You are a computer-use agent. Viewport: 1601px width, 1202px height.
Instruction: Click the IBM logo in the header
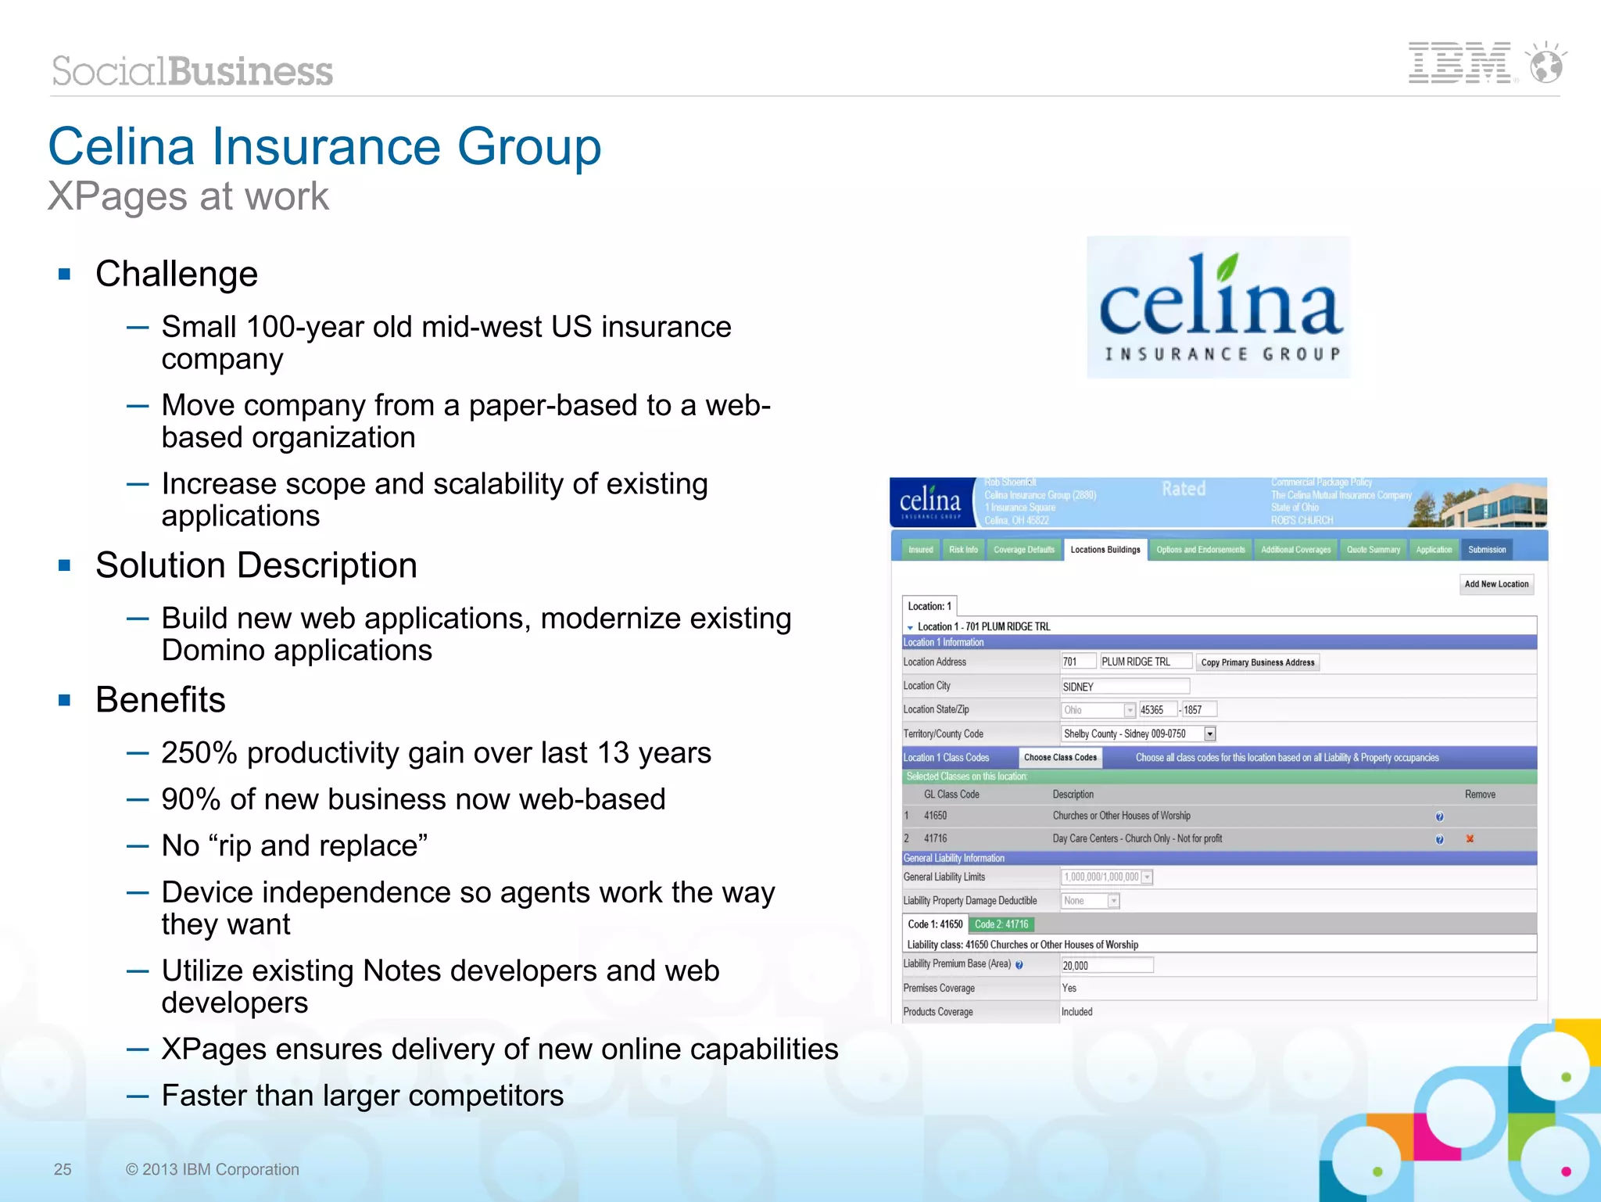[1459, 63]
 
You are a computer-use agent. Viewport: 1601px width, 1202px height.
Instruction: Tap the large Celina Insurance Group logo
[1218, 307]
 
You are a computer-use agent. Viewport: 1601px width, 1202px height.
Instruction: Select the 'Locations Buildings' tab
[1105, 550]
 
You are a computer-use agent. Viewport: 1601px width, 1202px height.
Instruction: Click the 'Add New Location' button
[1496, 584]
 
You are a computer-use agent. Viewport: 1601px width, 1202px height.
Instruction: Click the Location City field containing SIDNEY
[1124, 687]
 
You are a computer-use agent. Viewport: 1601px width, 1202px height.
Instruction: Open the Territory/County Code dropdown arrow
[1210, 734]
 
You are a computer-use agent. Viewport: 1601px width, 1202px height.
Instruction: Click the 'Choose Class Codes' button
[1060, 757]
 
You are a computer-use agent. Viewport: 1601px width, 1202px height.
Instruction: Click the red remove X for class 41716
[1470, 838]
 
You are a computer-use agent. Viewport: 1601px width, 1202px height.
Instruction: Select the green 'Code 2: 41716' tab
[1001, 924]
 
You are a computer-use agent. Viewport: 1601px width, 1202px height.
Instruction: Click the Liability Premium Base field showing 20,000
[1106, 965]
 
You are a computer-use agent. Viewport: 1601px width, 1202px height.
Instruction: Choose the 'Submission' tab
[1486, 550]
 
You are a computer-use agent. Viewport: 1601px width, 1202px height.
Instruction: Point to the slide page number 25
[63, 1169]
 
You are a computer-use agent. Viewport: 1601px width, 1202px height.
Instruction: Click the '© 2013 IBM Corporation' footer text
[212, 1169]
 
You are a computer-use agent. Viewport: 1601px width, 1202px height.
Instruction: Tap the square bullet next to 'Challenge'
[65, 274]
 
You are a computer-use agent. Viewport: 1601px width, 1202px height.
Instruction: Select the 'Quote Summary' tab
[1373, 550]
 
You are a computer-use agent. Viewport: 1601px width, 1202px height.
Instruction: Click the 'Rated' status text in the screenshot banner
[1184, 490]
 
